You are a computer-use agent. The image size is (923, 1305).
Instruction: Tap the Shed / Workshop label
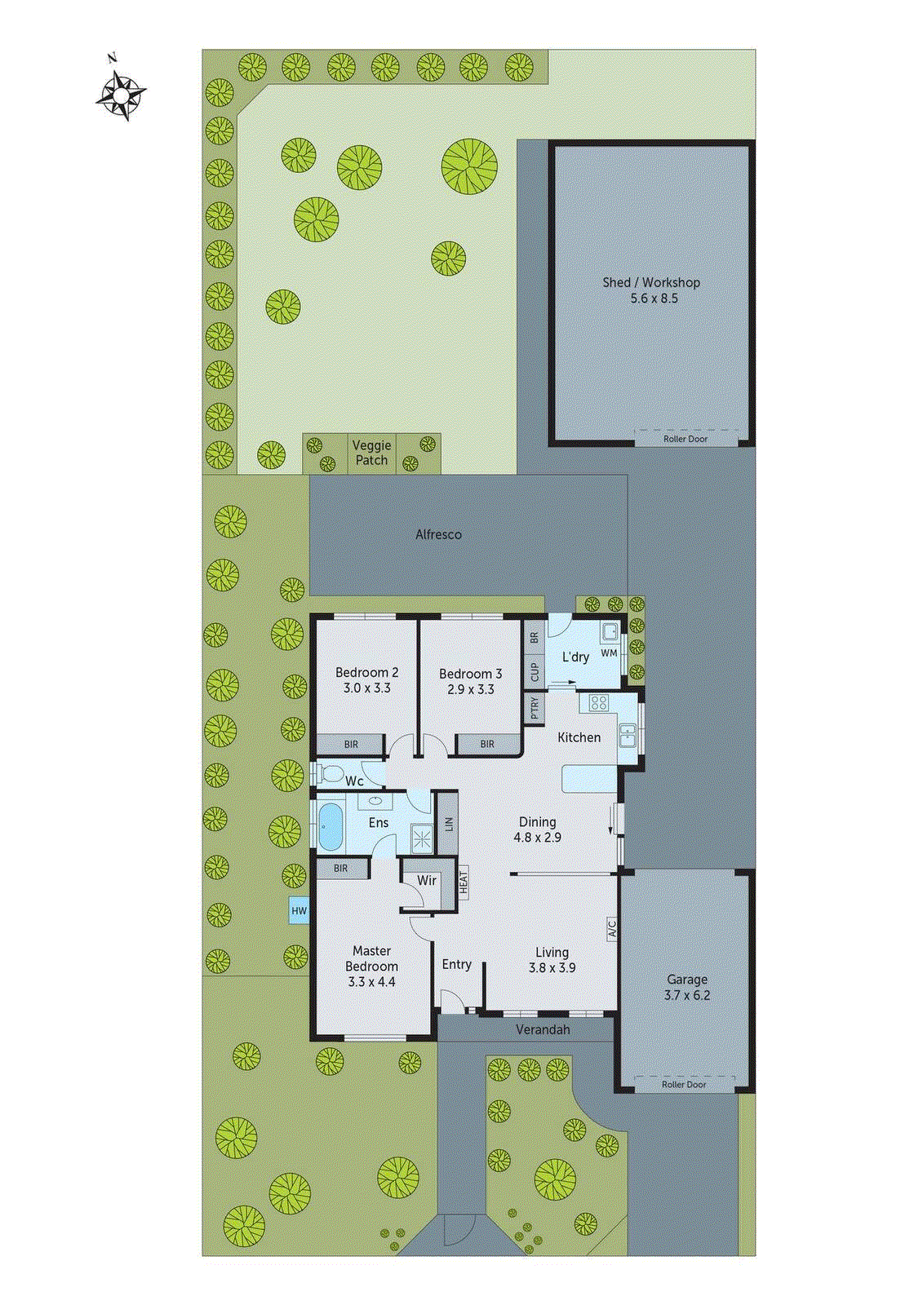point(651,282)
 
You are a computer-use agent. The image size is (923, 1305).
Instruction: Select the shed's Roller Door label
point(686,439)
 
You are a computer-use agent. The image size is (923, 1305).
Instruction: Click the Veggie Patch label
point(371,453)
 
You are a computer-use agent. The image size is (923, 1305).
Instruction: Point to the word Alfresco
point(438,534)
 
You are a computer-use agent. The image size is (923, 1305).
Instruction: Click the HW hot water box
point(300,911)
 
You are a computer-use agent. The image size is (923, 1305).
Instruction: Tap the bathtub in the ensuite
point(329,826)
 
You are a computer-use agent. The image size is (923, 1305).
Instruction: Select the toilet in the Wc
point(330,773)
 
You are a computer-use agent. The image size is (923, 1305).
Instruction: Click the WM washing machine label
point(609,652)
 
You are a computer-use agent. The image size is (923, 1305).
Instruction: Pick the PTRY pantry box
point(535,707)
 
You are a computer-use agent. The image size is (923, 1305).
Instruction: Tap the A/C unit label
point(611,928)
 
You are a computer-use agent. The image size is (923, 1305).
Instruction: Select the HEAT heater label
point(463,883)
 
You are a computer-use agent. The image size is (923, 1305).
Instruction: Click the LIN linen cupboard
point(448,824)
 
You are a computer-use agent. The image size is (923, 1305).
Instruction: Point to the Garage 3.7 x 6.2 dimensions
point(687,995)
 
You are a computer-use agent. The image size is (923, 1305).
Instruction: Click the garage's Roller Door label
point(684,1085)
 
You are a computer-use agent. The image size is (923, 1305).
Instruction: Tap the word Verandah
point(543,1030)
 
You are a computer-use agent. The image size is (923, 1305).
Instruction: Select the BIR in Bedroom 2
point(351,745)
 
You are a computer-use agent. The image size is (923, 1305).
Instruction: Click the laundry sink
point(609,630)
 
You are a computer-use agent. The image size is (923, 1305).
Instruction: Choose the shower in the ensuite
point(422,838)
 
